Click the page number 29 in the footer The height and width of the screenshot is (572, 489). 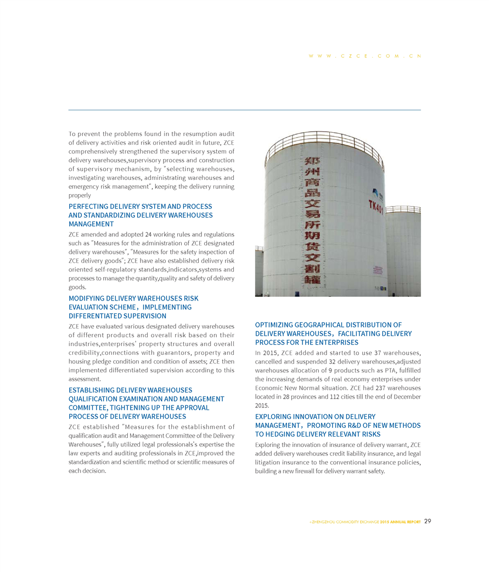pyautogui.click(x=428, y=521)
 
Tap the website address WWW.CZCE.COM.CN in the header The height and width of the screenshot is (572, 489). pyautogui.click(x=364, y=56)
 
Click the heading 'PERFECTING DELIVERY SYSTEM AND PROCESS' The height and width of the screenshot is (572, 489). pyautogui.click(x=140, y=206)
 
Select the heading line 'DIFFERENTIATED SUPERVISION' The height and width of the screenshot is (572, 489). pyautogui.click(x=117, y=316)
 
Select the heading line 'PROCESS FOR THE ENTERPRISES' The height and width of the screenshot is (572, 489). pyautogui.click(x=307, y=342)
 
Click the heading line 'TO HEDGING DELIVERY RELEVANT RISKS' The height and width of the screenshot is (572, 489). pyautogui.click(x=318, y=434)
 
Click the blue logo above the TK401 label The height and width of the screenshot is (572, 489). pyautogui.click(x=375, y=194)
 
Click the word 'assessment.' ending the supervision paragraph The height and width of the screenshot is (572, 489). pyautogui.click(x=85, y=378)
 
